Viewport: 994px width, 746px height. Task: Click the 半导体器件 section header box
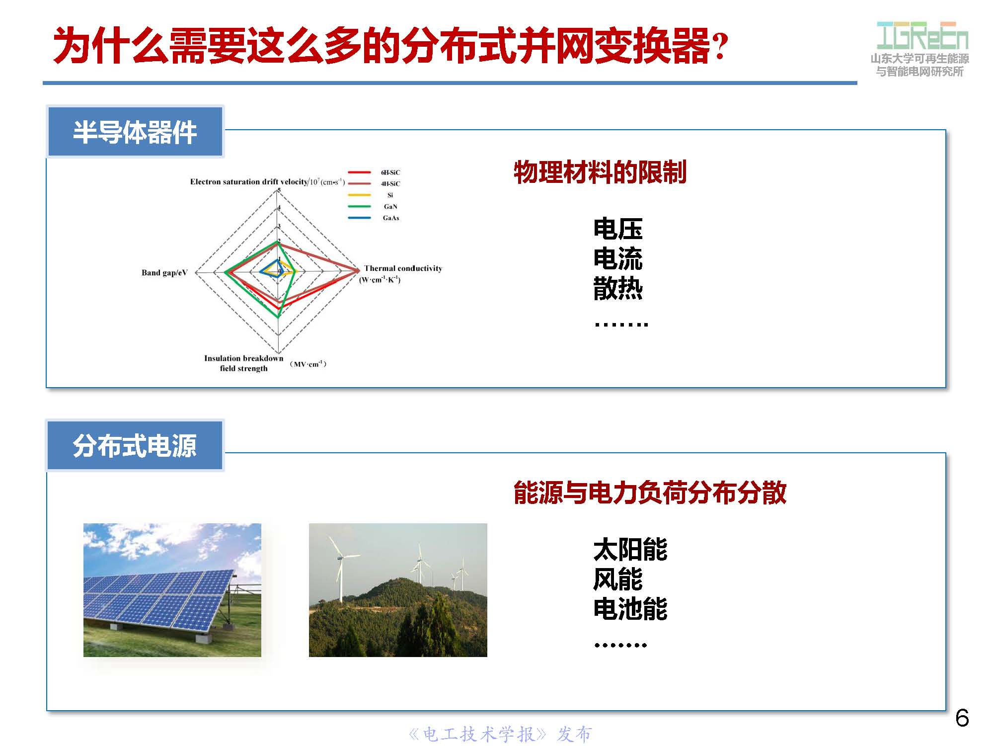tap(135, 132)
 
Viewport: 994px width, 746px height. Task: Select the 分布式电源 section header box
tap(135, 445)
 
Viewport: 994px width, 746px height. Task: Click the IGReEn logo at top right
tap(922, 36)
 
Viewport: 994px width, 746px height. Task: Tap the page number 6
tap(962, 718)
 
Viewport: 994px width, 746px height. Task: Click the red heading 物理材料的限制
tap(600, 172)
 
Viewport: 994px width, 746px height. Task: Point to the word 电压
tap(617, 229)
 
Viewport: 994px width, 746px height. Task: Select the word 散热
tap(617, 289)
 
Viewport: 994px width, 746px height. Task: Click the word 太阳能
tap(630, 550)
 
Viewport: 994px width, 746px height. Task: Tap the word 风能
tap(617, 580)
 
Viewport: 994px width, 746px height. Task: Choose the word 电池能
tap(630, 609)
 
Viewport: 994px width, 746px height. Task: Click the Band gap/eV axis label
tap(164, 272)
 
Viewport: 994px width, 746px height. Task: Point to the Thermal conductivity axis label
tap(402, 269)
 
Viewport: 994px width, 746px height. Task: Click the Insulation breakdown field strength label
tap(243, 363)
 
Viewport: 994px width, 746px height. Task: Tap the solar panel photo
tap(172, 590)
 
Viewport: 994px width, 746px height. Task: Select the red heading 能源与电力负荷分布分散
tap(649, 493)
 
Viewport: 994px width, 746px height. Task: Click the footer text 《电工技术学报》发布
tap(500, 734)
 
